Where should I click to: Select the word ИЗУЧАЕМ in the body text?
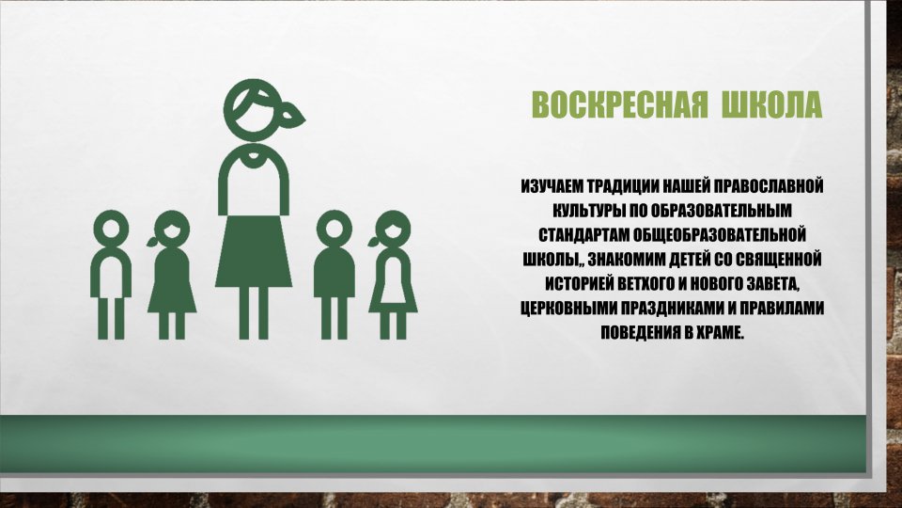click(552, 186)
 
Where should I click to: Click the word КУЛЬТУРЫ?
click(586, 210)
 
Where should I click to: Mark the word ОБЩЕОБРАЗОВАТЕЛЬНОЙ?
click(720, 234)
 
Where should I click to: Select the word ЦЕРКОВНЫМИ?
click(568, 308)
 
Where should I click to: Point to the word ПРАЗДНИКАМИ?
click(673, 308)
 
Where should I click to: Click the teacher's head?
click(254, 106)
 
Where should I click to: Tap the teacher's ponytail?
click(293, 114)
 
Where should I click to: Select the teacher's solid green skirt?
click(254, 251)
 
